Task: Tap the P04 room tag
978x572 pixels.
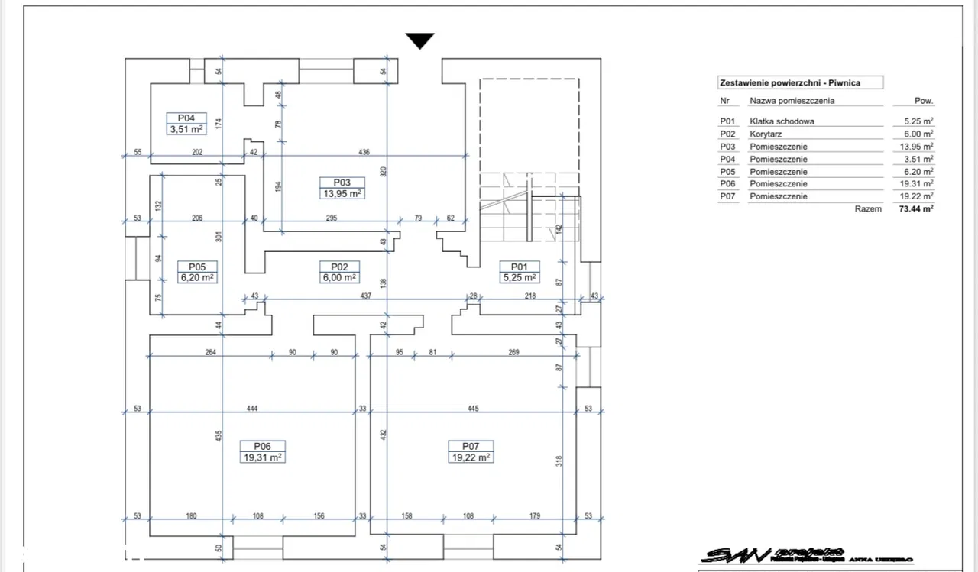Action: coord(186,118)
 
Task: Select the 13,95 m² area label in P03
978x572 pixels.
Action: coord(342,194)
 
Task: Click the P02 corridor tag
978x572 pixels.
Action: coord(340,267)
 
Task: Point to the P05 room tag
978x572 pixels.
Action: coord(197,267)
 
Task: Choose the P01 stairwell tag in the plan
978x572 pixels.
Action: coord(519,267)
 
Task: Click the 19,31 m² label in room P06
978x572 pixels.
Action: coord(263,457)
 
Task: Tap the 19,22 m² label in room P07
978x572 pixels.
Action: coord(471,457)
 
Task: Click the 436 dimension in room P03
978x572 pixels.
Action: coord(364,152)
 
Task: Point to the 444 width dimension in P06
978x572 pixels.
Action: coord(252,409)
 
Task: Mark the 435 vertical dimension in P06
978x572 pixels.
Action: coord(218,437)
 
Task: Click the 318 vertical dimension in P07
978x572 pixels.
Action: coord(560,461)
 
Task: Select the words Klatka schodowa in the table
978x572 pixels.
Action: coord(782,121)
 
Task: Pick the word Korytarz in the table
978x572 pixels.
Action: coord(766,134)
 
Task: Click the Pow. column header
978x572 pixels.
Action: coord(924,101)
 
